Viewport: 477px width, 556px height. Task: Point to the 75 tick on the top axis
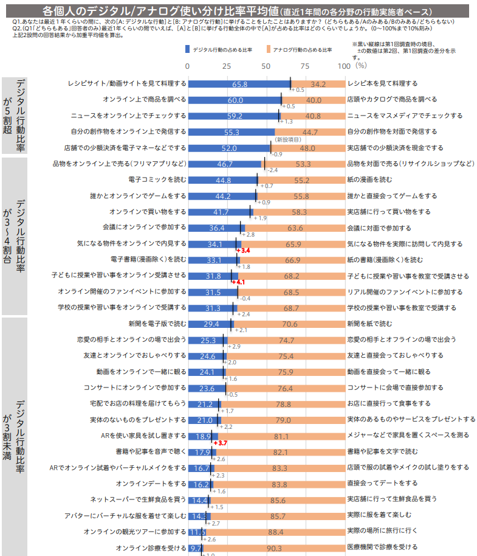304,65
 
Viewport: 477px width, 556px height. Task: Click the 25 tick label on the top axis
226,65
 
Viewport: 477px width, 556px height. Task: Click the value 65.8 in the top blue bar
239,84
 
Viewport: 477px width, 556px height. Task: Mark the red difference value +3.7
220,443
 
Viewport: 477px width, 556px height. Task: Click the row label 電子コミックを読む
157,180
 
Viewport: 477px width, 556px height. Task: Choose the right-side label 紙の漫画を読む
371,180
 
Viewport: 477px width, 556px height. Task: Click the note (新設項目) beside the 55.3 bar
289,139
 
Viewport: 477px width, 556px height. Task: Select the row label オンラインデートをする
151,484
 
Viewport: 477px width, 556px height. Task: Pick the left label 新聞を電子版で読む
157,324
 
